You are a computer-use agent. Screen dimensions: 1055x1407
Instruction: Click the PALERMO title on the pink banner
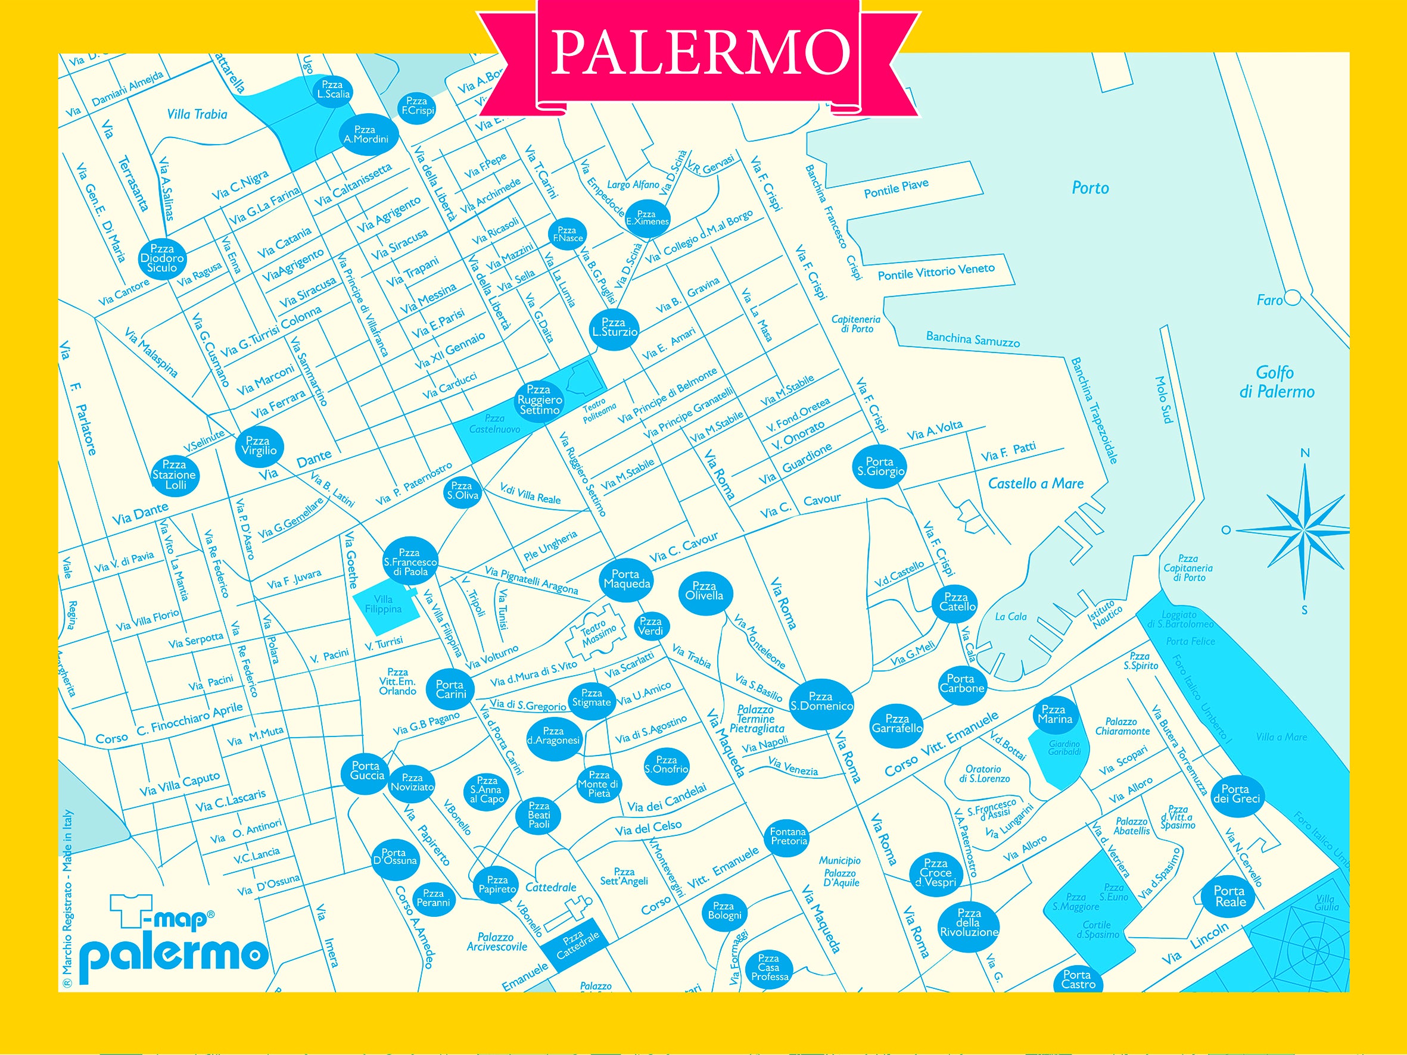(700, 52)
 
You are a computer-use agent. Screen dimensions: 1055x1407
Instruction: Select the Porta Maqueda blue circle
(627, 579)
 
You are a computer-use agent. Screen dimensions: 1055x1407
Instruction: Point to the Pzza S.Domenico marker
(821, 701)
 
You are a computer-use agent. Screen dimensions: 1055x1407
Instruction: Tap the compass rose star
(1303, 529)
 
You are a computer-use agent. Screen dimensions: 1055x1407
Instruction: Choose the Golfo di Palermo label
(1276, 382)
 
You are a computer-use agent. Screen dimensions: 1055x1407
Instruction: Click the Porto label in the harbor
(1090, 188)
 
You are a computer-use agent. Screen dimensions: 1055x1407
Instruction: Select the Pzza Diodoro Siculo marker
(162, 258)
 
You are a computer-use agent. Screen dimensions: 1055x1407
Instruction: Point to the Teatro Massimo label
(598, 634)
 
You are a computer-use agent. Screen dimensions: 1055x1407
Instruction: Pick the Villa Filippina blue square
(384, 605)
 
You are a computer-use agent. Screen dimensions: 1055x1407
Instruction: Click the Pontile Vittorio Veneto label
(936, 271)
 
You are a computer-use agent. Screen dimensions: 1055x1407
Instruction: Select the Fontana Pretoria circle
(788, 836)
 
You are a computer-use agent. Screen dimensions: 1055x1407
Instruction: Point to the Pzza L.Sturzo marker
(614, 327)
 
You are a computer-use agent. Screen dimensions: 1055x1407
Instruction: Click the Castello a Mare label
(1035, 484)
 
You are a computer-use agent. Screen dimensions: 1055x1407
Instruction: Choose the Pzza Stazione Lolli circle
(175, 475)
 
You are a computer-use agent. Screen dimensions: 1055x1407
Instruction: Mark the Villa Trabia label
(197, 114)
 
